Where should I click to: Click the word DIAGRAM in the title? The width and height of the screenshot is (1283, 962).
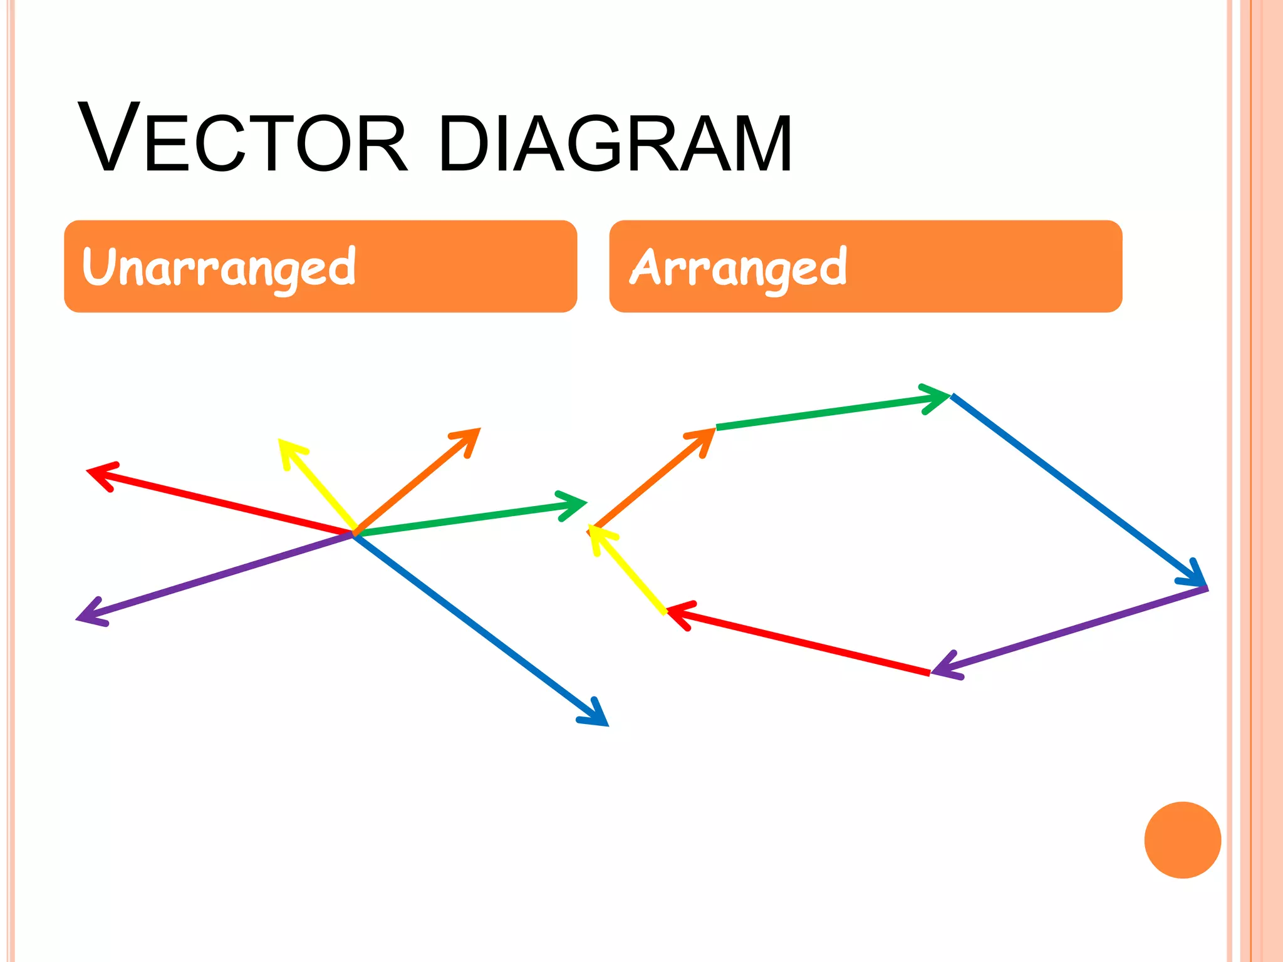pos(615,143)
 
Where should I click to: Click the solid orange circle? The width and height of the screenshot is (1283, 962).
pos(1182,840)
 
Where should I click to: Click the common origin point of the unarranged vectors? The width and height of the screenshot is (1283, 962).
pos(355,533)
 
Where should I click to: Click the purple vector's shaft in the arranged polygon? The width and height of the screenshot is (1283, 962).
pos(1071,629)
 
